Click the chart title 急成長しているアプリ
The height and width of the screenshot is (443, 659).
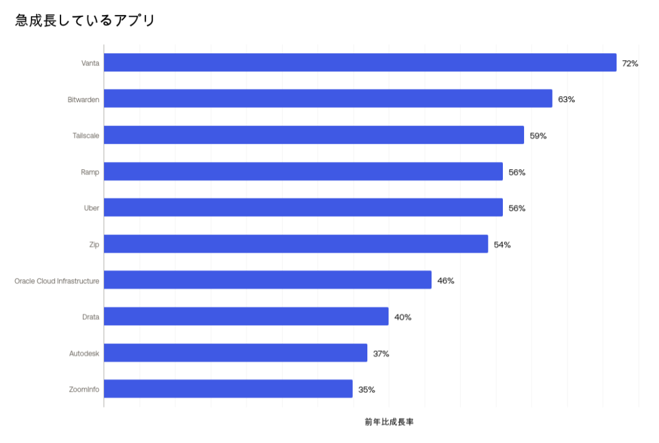pos(85,21)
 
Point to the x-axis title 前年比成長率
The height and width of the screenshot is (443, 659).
pos(389,422)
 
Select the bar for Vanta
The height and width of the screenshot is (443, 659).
pos(360,63)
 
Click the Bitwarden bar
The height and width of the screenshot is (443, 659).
pos(328,99)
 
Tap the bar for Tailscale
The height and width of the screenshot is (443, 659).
pos(313,135)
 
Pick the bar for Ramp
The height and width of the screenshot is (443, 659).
pos(303,172)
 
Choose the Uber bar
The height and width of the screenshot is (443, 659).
pos(303,208)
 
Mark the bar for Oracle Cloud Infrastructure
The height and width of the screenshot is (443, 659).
pos(267,280)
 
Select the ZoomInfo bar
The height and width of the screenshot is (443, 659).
pos(228,389)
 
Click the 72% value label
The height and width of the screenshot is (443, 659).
pos(630,63)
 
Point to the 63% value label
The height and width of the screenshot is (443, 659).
pos(566,100)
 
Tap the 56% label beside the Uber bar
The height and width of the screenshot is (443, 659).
pos(517,209)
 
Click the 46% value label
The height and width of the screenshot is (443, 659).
pos(445,281)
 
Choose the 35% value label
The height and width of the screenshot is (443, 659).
pos(367,390)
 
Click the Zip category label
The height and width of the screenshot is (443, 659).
pos(94,245)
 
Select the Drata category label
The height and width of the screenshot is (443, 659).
pos(91,317)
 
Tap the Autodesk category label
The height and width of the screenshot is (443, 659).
pos(84,354)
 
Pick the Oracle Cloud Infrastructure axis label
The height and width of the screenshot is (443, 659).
pos(57,281)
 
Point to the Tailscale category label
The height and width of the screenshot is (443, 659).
pos(86,136)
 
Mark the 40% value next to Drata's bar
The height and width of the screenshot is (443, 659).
pos(403,317)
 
